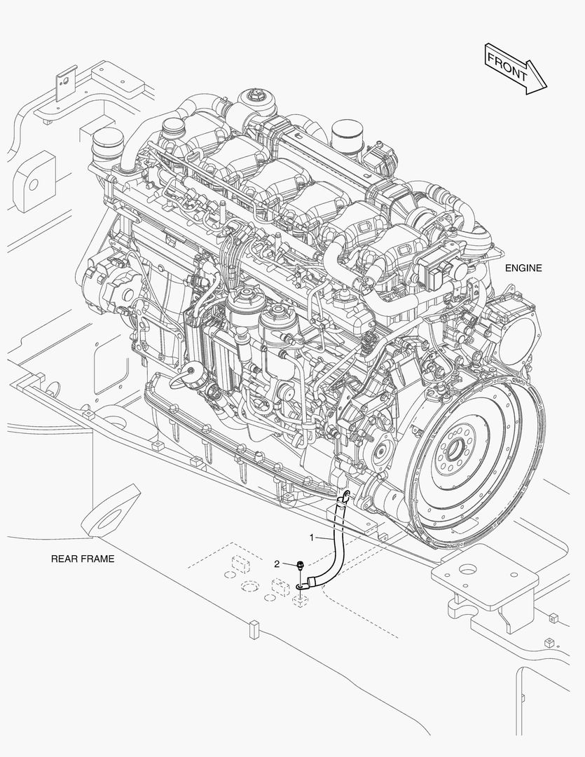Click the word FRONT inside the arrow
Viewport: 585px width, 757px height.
[507, 67]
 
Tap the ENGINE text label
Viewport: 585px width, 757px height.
[523, 268]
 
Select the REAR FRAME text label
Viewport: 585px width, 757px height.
[83, 559]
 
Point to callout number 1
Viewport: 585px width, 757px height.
[312, 538]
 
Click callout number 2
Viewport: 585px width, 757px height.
[277, 564]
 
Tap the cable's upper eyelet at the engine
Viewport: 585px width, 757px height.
[347, 495]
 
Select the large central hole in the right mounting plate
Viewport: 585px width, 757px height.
[468, 570]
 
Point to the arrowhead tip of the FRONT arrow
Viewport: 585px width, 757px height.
[547, 88]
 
